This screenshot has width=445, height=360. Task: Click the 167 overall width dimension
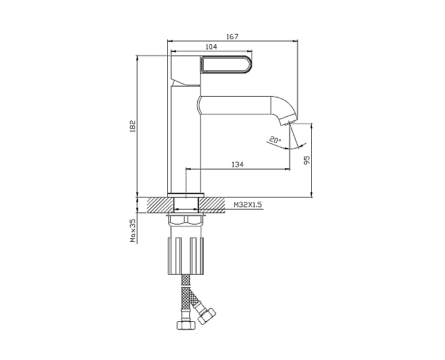pos(232,36)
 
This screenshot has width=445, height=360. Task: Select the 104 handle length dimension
pos(211,47)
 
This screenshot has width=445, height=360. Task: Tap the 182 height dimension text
pos(133,126)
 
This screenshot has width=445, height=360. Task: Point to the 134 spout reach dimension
pos(238,164)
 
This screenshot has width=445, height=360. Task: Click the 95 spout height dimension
pos(307,160)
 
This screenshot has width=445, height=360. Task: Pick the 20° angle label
pos(275,140)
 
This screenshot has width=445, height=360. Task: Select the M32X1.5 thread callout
pos(248,205)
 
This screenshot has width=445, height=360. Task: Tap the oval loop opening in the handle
pos(226,65)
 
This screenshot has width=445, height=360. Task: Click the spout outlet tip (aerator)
pos(289,120)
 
